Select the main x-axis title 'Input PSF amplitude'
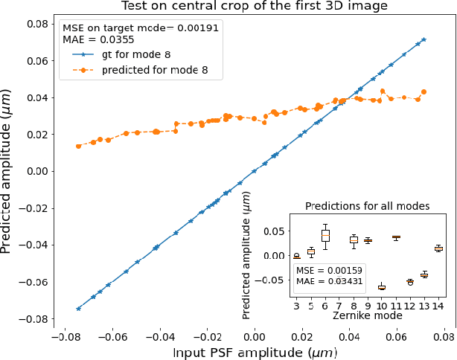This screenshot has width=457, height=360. coord(254,350)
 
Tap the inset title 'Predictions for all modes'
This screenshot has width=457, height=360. coord(368,205)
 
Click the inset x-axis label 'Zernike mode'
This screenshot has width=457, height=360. coord(368,315)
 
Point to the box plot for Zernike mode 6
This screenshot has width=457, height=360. coord(325,235)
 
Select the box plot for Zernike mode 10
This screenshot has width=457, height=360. coord(382,286)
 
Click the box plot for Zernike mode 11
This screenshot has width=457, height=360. coord(396,237)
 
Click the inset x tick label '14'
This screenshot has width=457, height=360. coord(438,305)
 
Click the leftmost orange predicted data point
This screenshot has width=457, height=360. coord(78,146)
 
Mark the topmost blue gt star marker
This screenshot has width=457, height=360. coord(424,39)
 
